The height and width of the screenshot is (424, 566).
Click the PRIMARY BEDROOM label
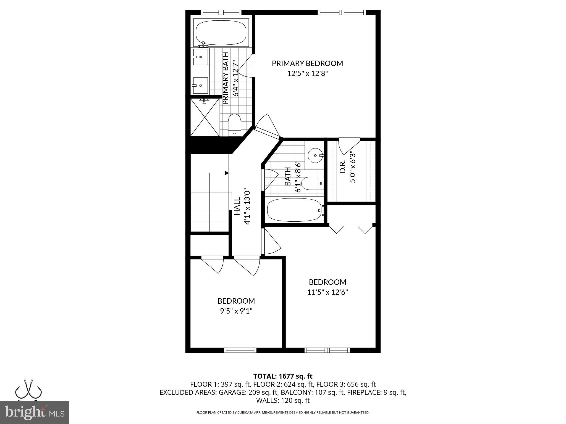(307, 63)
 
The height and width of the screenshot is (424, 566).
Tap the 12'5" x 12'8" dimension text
(307, 74)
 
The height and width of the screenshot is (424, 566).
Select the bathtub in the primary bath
(221, 33)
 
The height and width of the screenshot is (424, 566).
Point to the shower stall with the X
(205, 117)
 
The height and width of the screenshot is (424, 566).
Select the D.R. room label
(343, 167)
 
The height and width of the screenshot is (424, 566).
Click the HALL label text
(237, 206)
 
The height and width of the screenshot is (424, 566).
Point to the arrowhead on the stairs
(227, 173)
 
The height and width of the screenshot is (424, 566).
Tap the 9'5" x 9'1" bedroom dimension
(236, 311)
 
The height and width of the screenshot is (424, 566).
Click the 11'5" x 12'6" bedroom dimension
(327, 292)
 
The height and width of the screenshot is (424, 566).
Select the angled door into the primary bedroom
(268, 131)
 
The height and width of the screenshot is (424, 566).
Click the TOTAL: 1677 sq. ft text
(283, 376)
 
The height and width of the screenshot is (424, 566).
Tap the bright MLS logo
(35, 412)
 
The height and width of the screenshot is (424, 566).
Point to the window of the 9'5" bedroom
(240, 350)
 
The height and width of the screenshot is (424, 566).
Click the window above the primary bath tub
(221, 12)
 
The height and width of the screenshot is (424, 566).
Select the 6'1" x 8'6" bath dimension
(298, 177)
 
